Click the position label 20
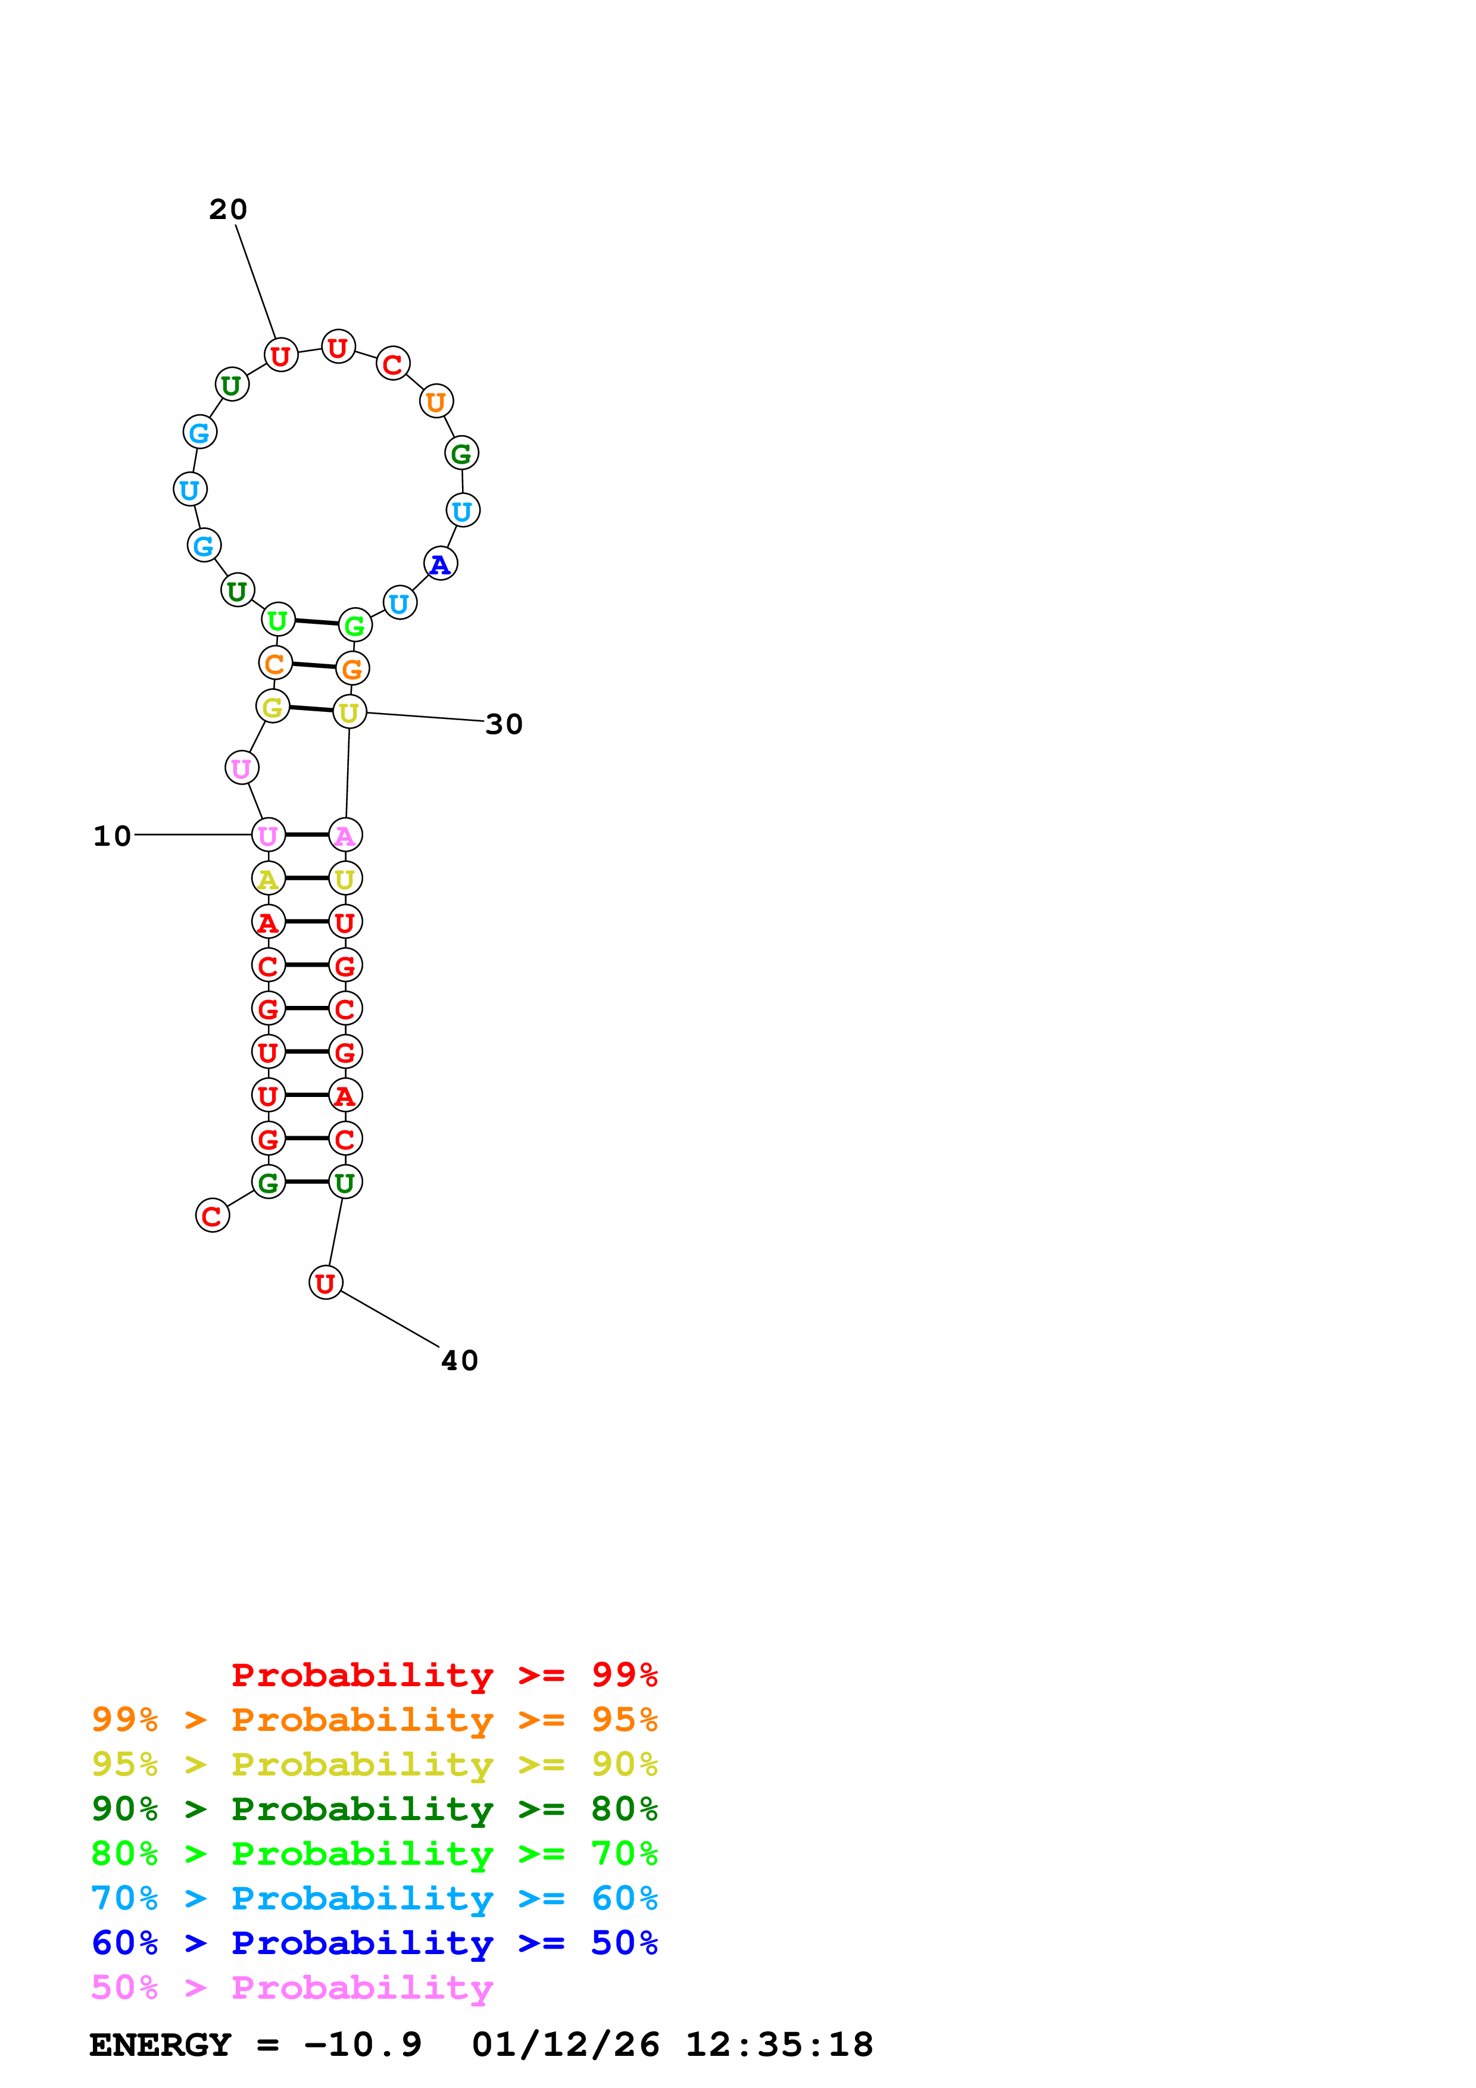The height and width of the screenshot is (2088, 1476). tap(227, 210)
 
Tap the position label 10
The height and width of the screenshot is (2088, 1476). tap(112, 837)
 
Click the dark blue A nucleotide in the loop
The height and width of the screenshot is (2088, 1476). tap(440, 565)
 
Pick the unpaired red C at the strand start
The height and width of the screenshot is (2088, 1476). tap(212, 1216)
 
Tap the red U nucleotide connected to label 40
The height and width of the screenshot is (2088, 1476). tap(326, 1283)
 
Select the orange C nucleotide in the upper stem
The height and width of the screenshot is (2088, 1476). tap(274, 664)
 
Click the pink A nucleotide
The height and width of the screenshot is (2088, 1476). tap(345, 835)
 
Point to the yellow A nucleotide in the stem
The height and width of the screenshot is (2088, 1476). tap(267, 879)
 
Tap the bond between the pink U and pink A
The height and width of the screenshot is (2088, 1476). tap(307, 835)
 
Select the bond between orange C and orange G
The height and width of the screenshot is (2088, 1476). tap(314, 665)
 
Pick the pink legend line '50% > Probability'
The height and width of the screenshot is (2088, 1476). tap(291, 1988)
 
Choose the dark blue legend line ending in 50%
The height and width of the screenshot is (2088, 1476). tap(374, 1943)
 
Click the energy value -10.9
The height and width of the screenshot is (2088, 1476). tap(362, 2045)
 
